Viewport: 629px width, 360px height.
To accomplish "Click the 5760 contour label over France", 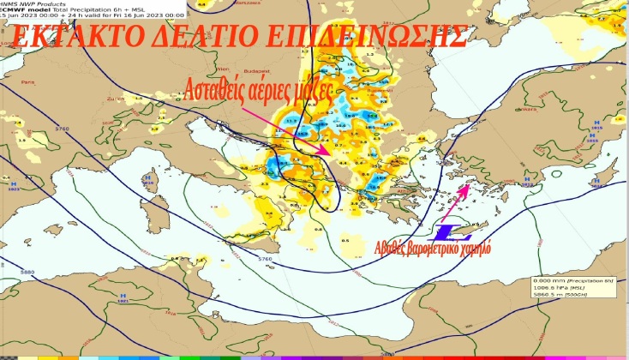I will pyautogui.click(x=61, y=129).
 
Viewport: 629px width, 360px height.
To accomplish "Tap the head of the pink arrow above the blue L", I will pyautogui.click(x=465, y=186).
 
